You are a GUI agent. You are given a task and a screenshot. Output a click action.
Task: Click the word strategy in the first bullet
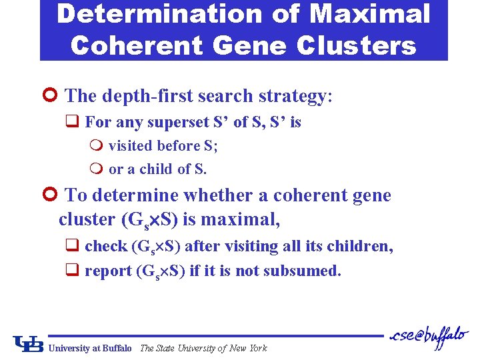tap(294, 96)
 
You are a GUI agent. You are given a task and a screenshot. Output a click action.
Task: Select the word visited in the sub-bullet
tap(129, 145)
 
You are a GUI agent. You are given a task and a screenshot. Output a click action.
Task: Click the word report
tap(107, 271)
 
